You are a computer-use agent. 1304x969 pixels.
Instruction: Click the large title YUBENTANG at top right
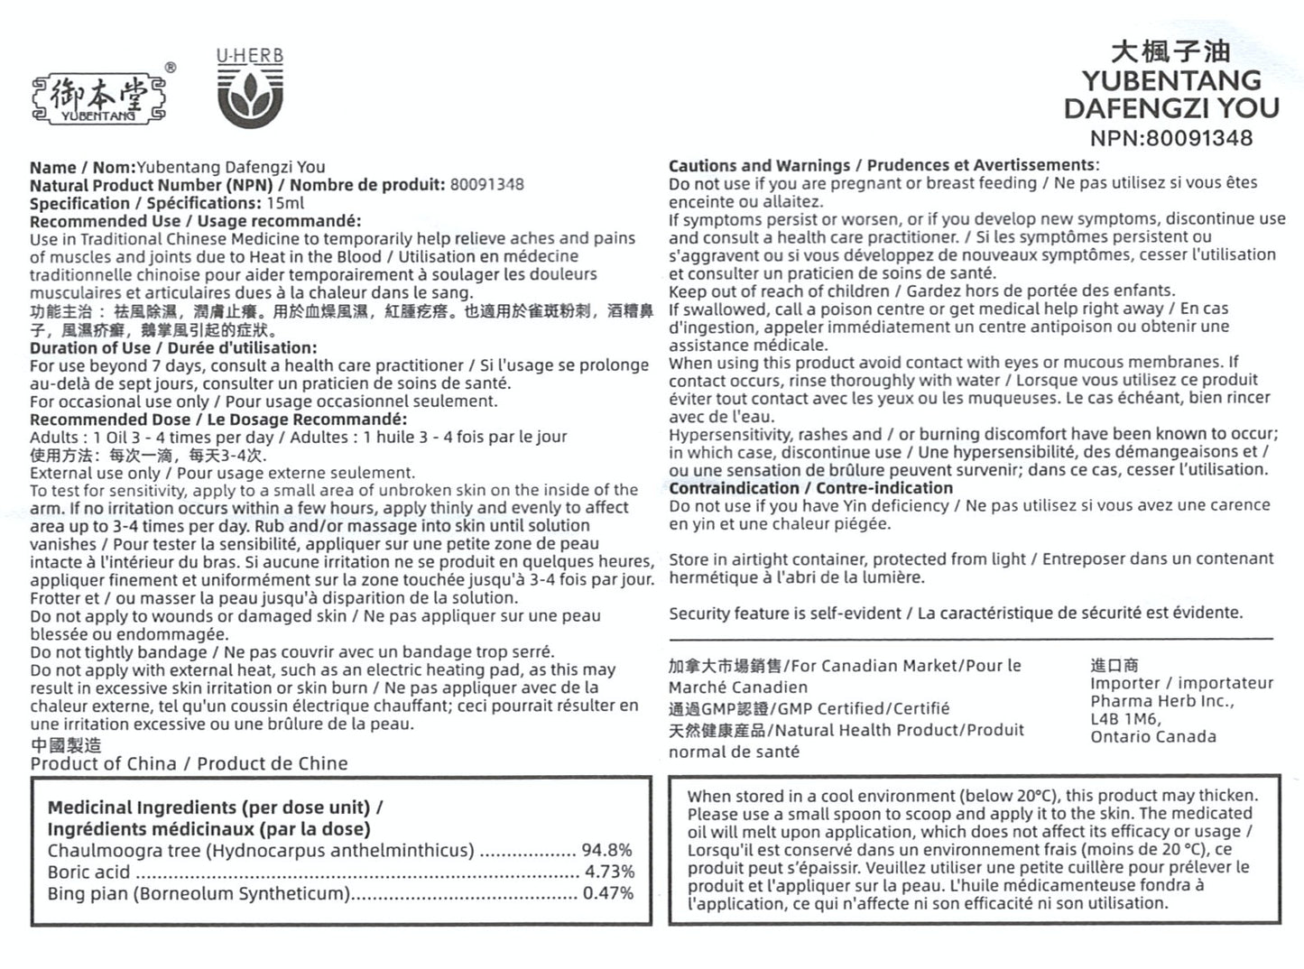(1170, 80)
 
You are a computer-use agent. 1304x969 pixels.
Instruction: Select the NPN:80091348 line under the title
(1170, 138)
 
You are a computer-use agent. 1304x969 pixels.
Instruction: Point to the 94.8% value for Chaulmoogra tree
(606, 850)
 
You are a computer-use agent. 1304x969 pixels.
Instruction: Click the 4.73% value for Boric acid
(609, 872)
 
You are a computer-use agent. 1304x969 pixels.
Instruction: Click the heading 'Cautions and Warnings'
(759, 165)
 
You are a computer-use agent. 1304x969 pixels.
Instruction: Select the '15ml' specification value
(285, 203)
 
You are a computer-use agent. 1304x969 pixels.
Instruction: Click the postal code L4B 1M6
(1125, 718)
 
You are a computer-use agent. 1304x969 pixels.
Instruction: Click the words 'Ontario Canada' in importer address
(1152, 736)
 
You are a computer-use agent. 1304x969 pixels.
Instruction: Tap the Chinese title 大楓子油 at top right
(1170, 51)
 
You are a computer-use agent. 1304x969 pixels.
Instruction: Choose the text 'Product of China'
(103, 763)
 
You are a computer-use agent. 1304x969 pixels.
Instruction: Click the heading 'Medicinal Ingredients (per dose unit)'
(208, 807)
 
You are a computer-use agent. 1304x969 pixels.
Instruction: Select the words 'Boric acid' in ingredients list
(88, 872)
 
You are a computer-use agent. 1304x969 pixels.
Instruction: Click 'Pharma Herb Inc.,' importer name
(1161, 701)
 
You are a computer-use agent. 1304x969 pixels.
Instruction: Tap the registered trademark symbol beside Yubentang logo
(171, 68)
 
